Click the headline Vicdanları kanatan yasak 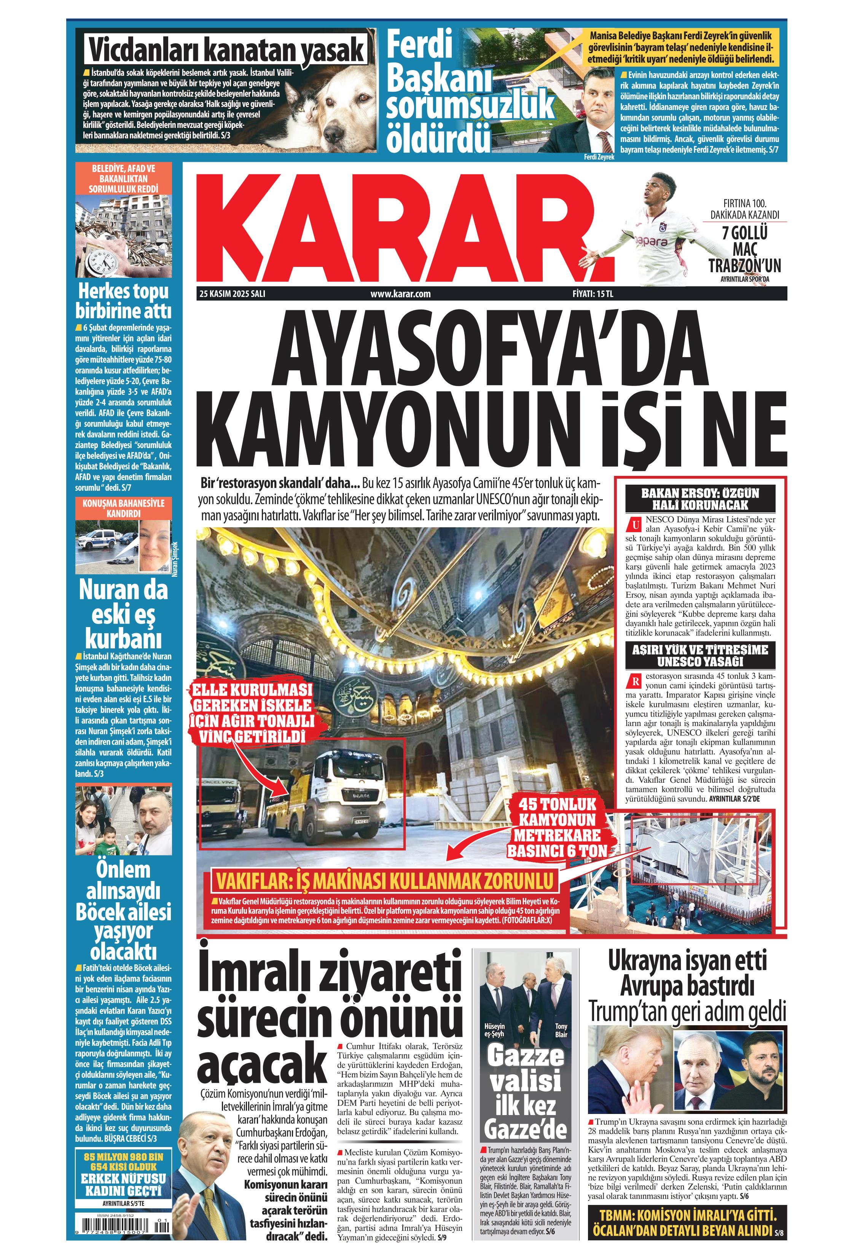point(226,50)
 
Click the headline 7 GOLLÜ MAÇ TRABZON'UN point(745,249)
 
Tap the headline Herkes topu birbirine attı point(123,301)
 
